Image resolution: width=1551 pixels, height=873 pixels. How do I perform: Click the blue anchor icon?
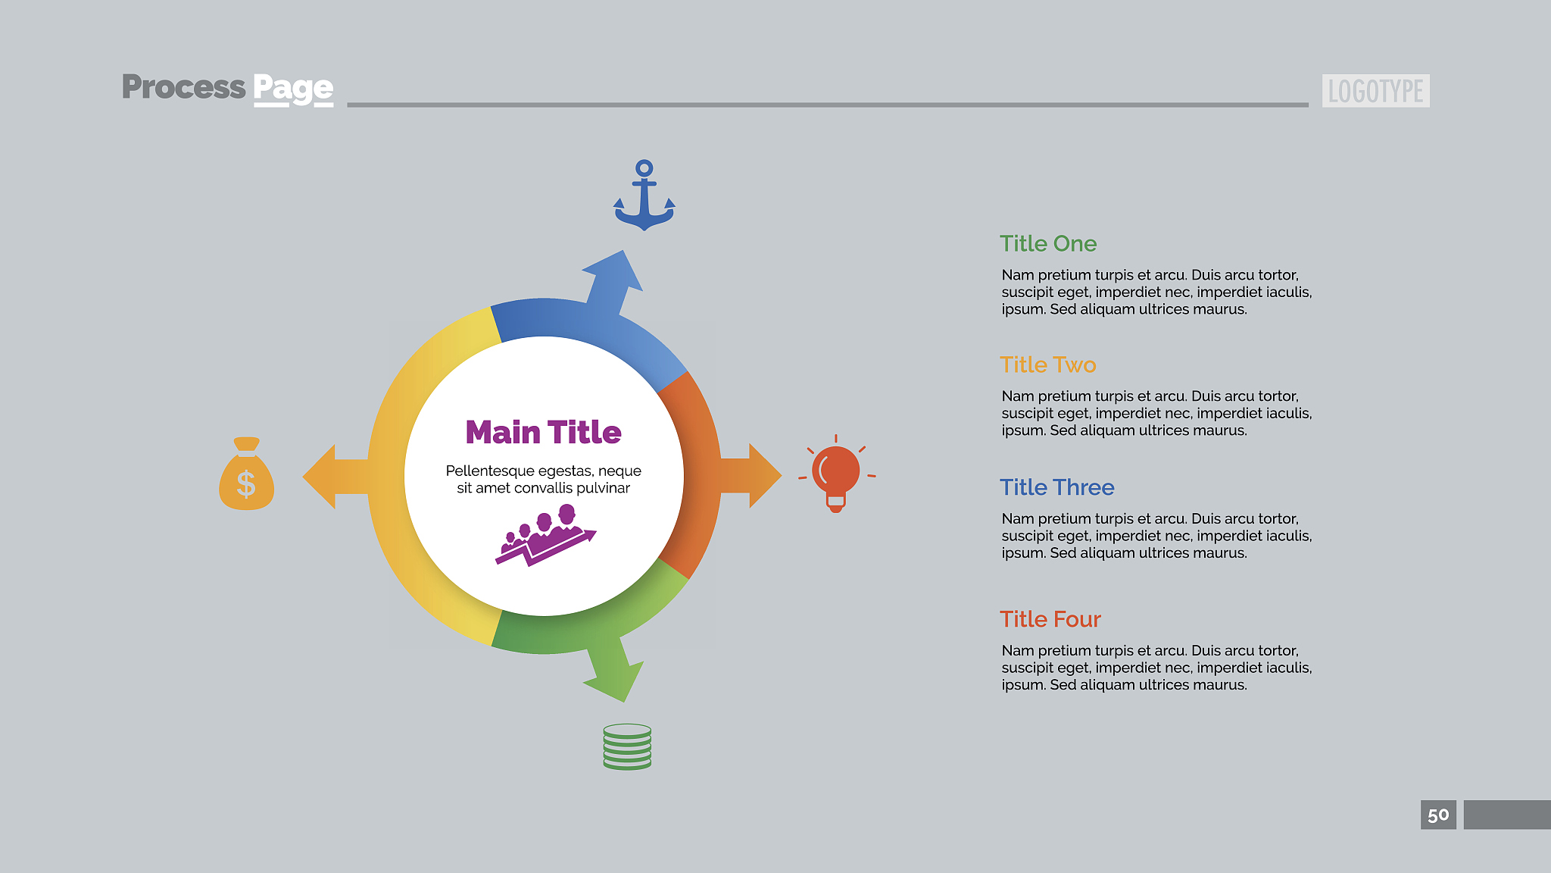(644, 195)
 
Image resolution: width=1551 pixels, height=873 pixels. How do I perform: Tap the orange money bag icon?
(246, 474)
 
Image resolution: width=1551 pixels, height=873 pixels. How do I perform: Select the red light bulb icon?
(836, 474)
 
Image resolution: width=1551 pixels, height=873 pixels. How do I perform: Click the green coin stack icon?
(627, 746)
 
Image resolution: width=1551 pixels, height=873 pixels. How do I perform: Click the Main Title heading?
(543, 432)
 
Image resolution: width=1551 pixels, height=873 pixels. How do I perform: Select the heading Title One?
(1048, 243)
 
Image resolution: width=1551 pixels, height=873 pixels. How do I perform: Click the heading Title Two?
(1048, 365)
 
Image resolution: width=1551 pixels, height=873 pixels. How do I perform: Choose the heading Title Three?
(1057, 487)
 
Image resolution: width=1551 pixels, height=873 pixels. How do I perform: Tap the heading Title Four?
(1050, 619)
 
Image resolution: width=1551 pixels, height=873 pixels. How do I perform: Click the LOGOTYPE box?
(1376, 91)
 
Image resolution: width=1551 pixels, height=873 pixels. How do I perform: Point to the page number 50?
(1438, 815)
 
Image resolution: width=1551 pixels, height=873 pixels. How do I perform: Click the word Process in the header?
(184, 87)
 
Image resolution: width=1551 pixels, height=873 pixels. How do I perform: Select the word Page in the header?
(293, 89)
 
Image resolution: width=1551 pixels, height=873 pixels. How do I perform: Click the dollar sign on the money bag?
(246, 483)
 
